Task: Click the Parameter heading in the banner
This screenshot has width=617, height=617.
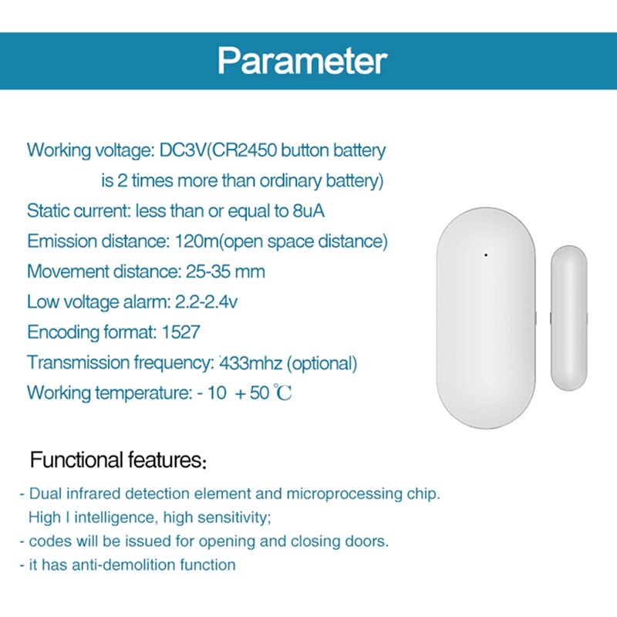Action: [302, 61]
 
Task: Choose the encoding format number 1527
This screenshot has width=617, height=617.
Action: [181, 332]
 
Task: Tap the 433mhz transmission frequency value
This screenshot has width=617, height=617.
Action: [242, 362]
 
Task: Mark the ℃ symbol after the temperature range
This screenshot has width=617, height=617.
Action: [284, 393]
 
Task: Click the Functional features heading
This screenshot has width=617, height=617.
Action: [116, 461]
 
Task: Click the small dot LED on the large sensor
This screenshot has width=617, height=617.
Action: [486, 255]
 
